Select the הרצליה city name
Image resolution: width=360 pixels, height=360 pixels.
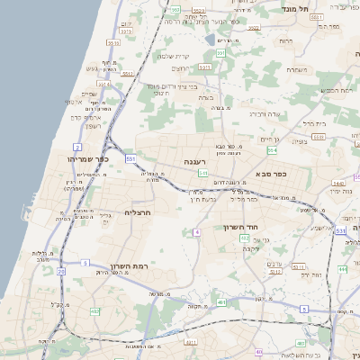[135, 212]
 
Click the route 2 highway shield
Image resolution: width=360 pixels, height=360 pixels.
[77, 147]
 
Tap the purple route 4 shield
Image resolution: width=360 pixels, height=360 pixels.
[195, 232]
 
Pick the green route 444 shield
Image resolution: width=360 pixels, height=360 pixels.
[342, 269]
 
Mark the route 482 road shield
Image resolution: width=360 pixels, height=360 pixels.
[94, 310]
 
